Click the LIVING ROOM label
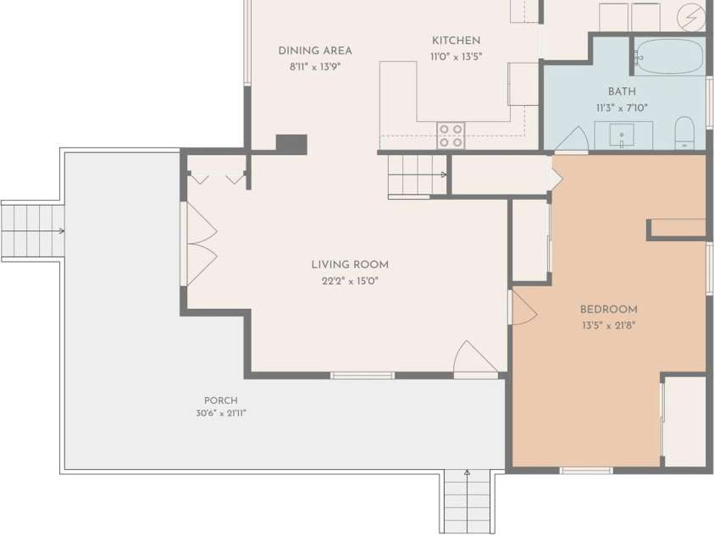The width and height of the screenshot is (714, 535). pos(350,264)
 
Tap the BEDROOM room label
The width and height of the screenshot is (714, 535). pos(608,309)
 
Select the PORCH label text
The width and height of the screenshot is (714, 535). pos(221,400)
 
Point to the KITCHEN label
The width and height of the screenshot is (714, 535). pos(457,41)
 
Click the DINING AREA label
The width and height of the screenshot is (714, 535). pos(315,51)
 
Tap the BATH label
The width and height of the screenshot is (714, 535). pos(622,91)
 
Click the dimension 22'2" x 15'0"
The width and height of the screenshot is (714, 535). pos(350,281)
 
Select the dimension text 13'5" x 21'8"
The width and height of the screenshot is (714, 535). pos(608,325)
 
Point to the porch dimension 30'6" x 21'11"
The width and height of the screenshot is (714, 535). pos(221,413)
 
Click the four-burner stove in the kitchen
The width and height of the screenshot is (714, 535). pos(451,135)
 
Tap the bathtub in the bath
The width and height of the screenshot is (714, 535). pos(668,57)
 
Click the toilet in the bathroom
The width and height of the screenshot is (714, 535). pos(684,133)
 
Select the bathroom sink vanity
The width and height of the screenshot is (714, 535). pos(623,135)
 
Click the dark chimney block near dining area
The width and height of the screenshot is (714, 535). pos(291,144)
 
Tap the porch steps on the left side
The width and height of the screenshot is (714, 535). pos(33,231)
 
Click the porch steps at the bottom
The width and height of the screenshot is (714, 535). pos(467,501)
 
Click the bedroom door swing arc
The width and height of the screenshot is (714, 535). pos(524,307)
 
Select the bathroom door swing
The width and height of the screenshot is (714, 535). pos(571,139)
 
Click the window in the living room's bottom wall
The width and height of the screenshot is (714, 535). pos(362,376)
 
